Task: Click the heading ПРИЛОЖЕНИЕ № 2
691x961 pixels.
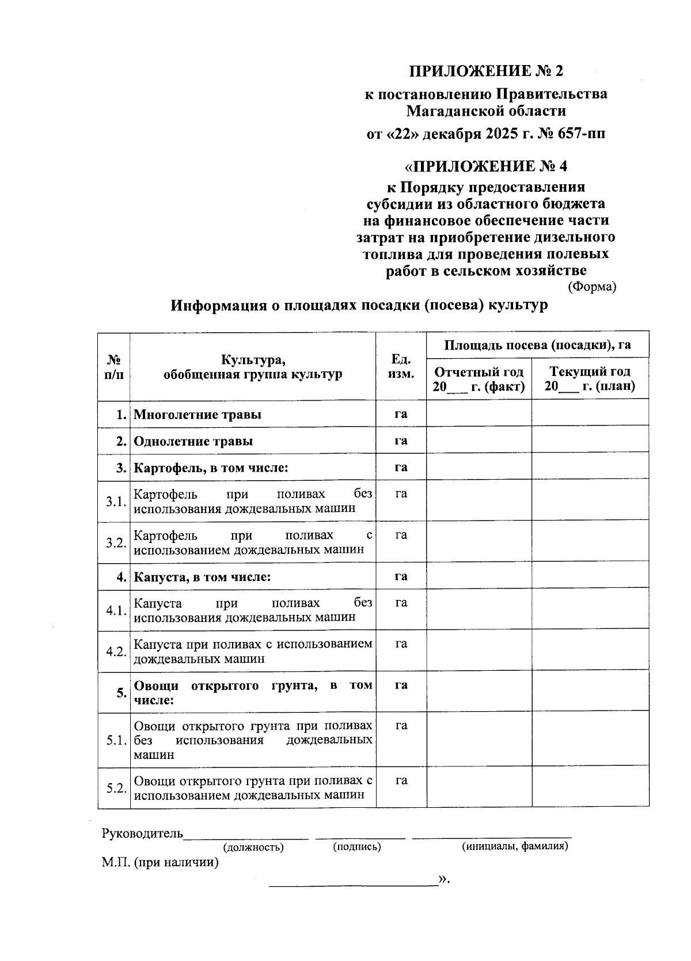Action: click(485, 71)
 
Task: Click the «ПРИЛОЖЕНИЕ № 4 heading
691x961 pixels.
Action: click(485, 166)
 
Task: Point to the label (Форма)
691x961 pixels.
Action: click(592, 286)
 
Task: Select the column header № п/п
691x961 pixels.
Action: click(114, 367)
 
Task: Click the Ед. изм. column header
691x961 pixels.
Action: click(401, 367)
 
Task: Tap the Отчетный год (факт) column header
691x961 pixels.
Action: click(479, 379)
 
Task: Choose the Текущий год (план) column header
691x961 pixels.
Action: click(590, 379)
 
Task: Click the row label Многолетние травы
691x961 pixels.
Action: click(197, 415)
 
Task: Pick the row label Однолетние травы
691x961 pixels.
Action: click(193, 442)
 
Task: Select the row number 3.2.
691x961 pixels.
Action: click(116, 542)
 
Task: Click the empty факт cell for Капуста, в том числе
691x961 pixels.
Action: click(479, 577)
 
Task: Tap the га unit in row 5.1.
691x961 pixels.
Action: click(401, 726)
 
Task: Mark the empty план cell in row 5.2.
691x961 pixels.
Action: click(590, 788)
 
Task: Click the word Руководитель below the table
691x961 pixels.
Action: click(142, 833)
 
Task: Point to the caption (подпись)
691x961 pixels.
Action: click(357, 846)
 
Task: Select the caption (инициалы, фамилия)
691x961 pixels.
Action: click(515, 846)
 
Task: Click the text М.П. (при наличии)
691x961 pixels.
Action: click(160, 863)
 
